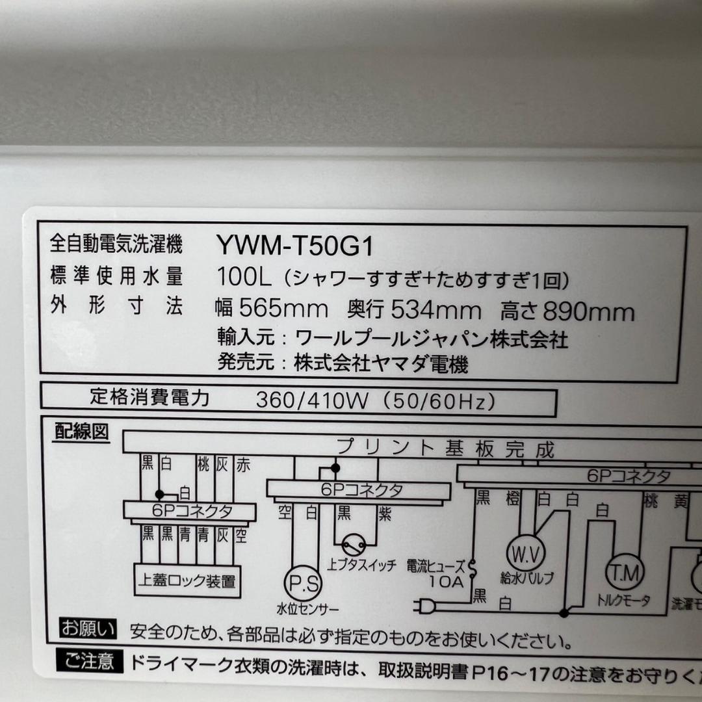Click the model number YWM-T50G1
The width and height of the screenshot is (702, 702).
coord(296,245)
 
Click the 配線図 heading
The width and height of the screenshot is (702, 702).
coord(81,433)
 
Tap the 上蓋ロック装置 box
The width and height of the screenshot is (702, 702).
coord(187,580)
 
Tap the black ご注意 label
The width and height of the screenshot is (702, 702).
coord(88,662)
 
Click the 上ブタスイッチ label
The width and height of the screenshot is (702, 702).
coord(363,565)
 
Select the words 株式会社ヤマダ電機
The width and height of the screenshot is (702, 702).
coord(380,365)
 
